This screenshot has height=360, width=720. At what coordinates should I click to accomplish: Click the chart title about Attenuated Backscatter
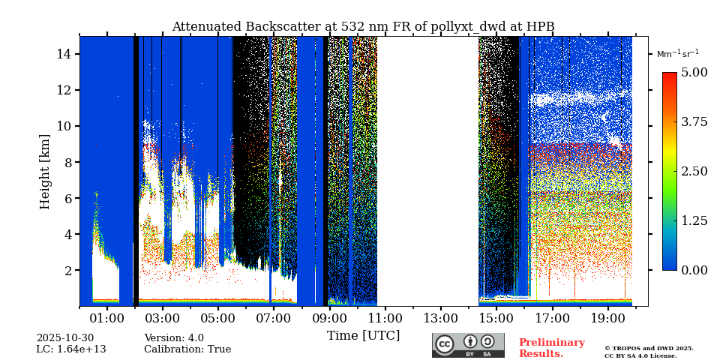coord(363,27)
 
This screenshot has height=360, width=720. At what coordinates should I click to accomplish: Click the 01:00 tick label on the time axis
coord(107,319)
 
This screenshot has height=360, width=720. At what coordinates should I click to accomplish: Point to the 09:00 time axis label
coord(329,319)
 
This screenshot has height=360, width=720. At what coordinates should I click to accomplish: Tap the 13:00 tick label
coord(440,319)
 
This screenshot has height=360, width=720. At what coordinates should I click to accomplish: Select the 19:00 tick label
coord(607,319)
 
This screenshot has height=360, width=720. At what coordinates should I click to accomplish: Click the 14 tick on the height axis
coord(63,54)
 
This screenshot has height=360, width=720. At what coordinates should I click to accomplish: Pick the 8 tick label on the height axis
coord(67,162)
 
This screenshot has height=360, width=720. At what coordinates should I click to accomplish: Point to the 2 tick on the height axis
coord(67,270)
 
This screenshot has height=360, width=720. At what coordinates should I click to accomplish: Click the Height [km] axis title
coord(45,171)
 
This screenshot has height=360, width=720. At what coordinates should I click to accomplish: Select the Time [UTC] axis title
coord(363,335)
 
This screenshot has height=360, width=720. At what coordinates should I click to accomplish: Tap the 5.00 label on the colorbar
coord(694,73)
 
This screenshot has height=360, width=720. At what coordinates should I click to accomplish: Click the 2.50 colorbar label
coord(694,171)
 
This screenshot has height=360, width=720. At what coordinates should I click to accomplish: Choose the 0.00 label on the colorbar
coord(694,270)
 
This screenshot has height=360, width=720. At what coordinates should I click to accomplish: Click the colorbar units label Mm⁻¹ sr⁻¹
coord(677,53)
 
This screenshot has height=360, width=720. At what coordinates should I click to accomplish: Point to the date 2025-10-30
coord(65,338)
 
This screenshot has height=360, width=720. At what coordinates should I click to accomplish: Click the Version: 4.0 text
coord(174,338)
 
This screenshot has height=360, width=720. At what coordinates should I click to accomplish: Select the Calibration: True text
coord(187,349)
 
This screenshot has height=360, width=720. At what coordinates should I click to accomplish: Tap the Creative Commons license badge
coord(468,345)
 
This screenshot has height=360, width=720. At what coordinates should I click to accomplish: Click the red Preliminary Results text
coord(551,348)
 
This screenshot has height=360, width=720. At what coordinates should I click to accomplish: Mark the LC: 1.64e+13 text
coord(71,349)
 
